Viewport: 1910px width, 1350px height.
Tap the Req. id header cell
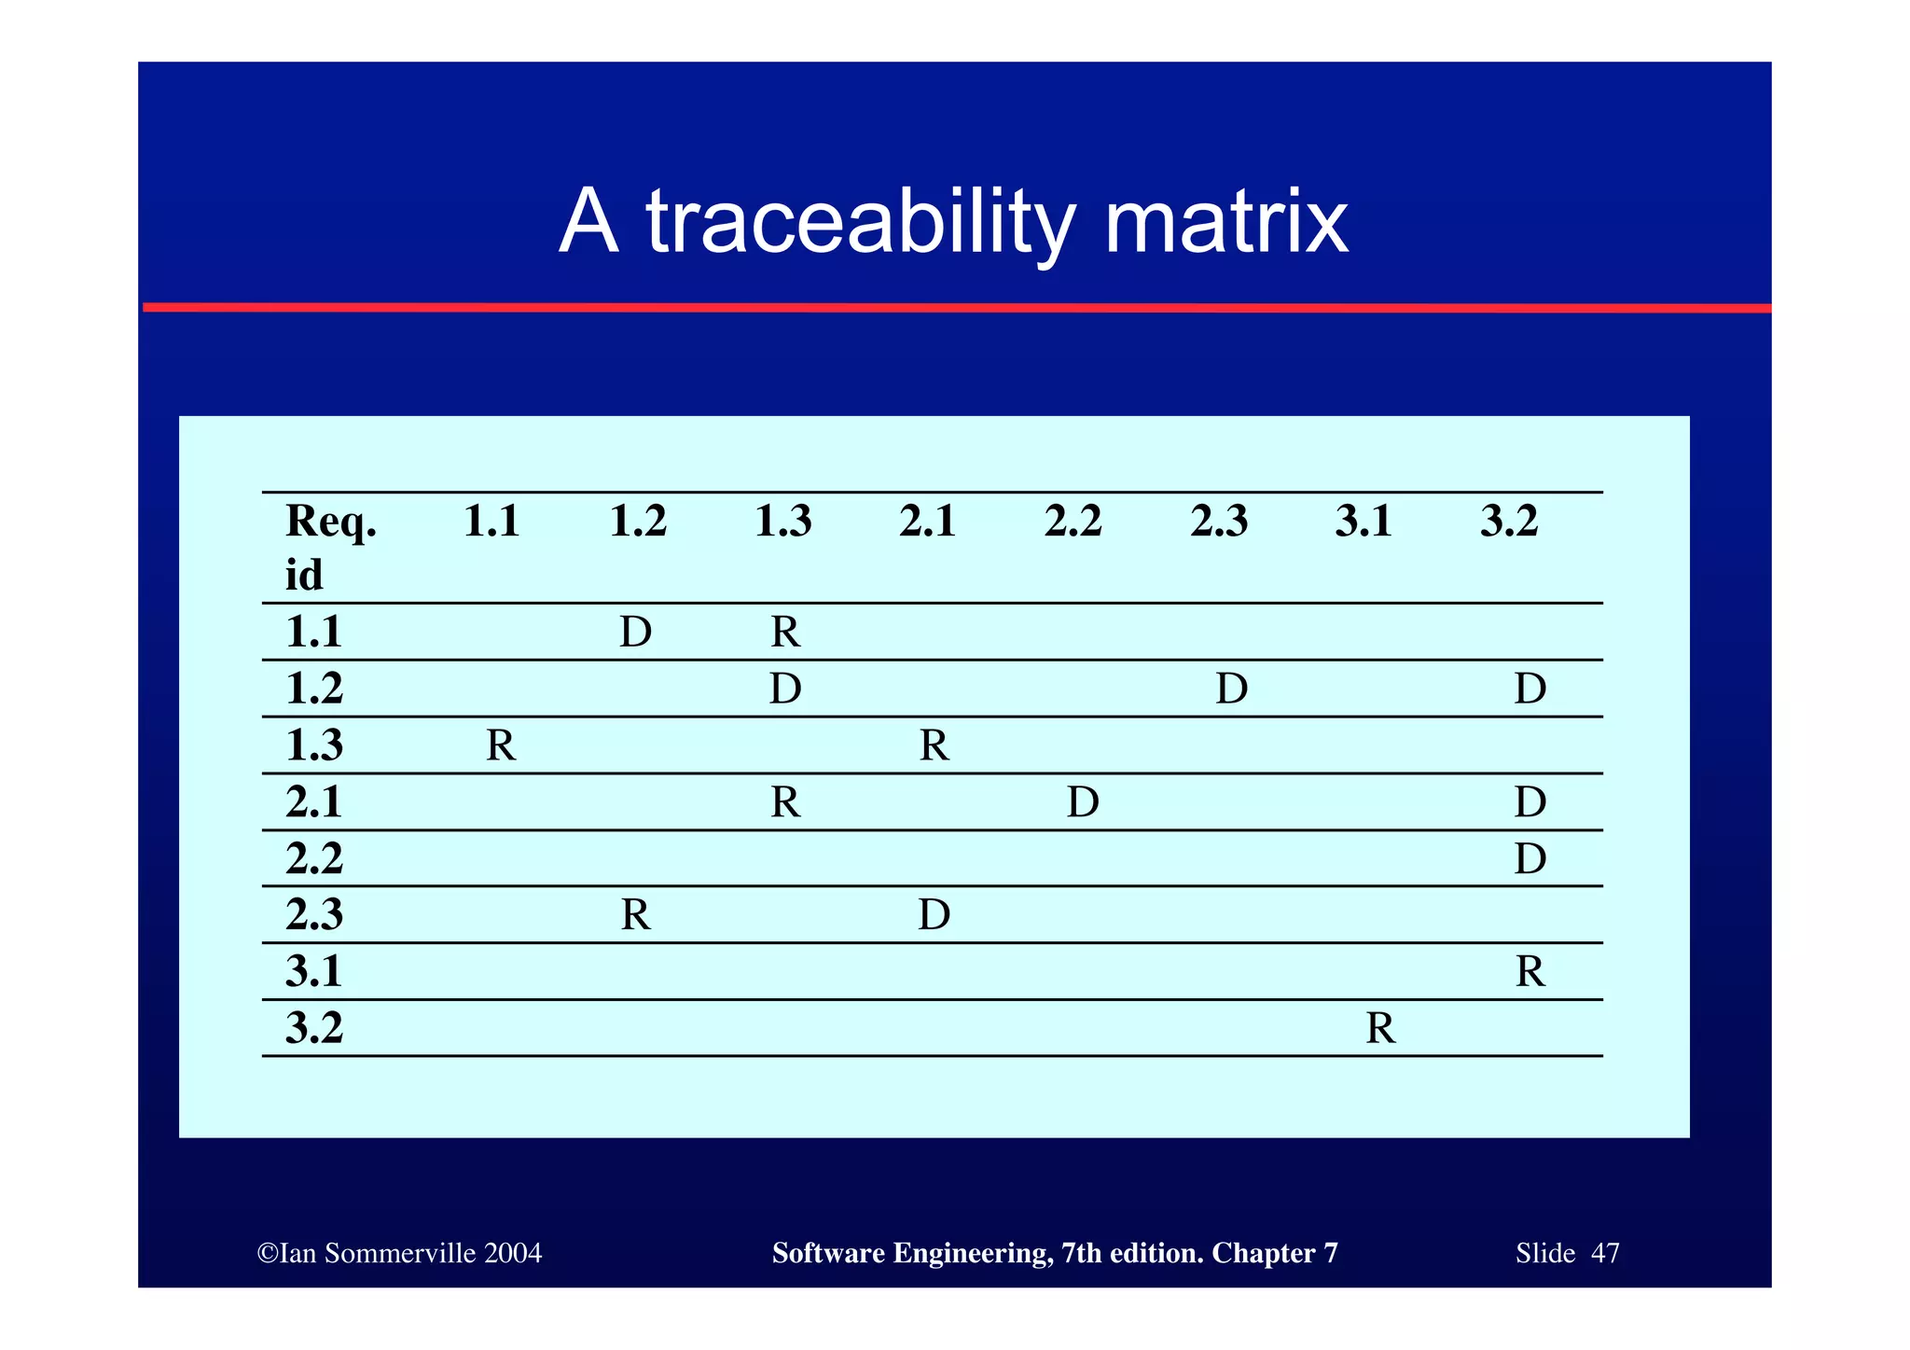tap(330, 547)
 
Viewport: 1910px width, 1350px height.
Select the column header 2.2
tap(1073, 522)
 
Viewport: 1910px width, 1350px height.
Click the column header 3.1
tap(1363, 522)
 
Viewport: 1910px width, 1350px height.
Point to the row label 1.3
tap(314, 745)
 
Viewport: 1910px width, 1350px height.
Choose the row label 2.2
tap(314, 858)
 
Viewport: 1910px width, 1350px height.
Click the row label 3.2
tap(314, 1028)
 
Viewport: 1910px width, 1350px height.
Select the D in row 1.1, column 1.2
tap(636, 633)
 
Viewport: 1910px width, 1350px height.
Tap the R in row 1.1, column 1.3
tap(785, 633)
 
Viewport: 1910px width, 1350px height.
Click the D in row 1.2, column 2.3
tap(1232, 689)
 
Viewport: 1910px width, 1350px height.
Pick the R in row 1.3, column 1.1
tap(501, 745)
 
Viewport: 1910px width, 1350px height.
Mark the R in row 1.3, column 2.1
tap(934, 745)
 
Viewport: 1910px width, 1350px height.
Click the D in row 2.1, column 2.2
tap(1083, 802)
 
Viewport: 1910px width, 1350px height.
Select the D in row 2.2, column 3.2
tap(1530, 858)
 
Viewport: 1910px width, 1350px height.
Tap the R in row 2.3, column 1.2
tap(636, 915)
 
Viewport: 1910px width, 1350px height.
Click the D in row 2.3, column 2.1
tap(934, 915)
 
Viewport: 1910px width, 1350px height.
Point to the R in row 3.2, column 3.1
tap(1380, 1028)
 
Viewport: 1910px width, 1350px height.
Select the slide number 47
tap(1605, 1253)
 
